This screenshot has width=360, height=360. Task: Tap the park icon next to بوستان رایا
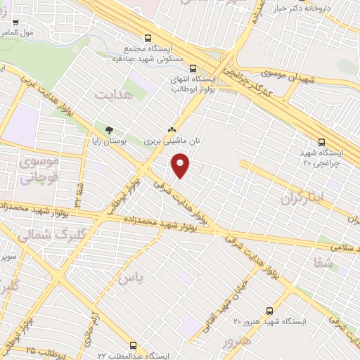[108, 130]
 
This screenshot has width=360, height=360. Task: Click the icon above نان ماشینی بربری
[172, 130]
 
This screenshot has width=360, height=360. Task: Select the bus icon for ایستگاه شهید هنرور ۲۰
[269, 310]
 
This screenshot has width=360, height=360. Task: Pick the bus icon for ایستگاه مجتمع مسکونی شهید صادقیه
[147, 39]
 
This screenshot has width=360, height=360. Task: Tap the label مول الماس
[17, 33]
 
